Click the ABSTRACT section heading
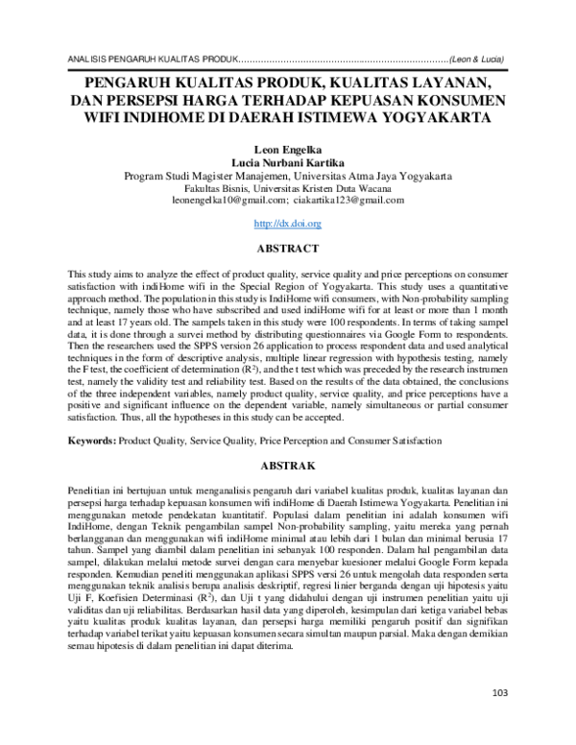(x=288, y=248)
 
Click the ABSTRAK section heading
(x=288, y=465)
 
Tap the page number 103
(x=498, y=720)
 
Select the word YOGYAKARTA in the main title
(x=434, y=118)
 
